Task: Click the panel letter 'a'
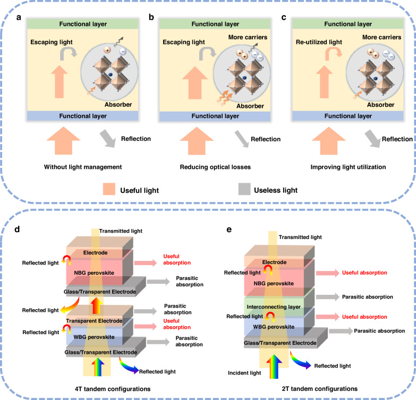(x=18, y=18)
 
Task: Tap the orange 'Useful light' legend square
(x=109, y=189)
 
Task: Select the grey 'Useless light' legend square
(x=244, y=189)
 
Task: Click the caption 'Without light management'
(x=83, y=167)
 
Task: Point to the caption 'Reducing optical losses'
(x=215, y=167)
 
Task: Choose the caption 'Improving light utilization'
(x=348, y=167)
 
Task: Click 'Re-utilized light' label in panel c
(x=319, y=42)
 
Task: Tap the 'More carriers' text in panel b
(x=248, y=37)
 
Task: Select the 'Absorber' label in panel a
(x=118, y=105)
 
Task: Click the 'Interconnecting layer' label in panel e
(x=274, y=307)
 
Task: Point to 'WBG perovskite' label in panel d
(x=94, y=337)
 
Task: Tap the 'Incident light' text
(x=244, y=373)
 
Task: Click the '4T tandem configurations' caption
(x=113, y=389)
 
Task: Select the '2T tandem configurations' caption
(x=319, y=389)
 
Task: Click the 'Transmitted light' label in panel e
(x=300, y=237)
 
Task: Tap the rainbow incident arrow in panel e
(x=274, y=367)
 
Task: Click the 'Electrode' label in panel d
(x=95, y=253)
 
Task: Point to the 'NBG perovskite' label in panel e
(x=274, y=284)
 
